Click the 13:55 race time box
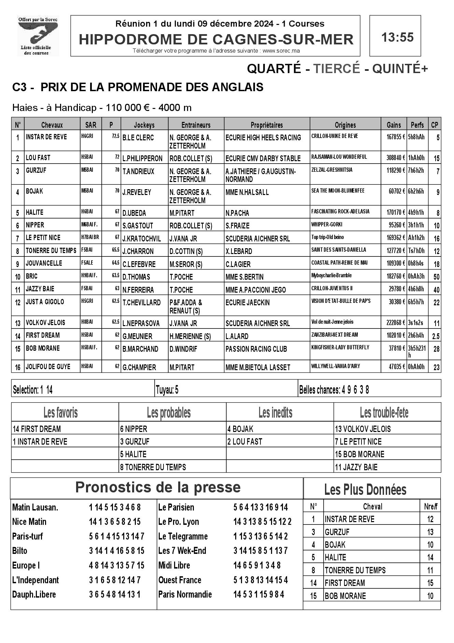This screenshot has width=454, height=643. [395, 36]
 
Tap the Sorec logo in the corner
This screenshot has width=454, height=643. [38, 36]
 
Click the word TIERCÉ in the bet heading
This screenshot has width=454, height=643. [337, 69]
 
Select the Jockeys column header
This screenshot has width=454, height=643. [144, 125]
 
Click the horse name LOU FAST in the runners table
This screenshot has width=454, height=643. [38, 158]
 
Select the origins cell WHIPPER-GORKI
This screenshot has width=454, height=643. [327, 224]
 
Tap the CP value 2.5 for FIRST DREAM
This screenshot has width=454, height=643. [436, 336]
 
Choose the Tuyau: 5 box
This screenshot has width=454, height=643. [167, 390]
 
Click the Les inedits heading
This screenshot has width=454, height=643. [275, 413]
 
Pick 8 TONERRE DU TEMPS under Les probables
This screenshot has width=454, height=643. [153, 467]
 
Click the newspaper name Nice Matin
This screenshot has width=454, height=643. [29, 522]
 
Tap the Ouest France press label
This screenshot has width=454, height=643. [180, 580]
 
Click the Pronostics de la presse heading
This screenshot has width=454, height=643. [158, 487]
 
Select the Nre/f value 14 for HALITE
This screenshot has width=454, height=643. [430, 557]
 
